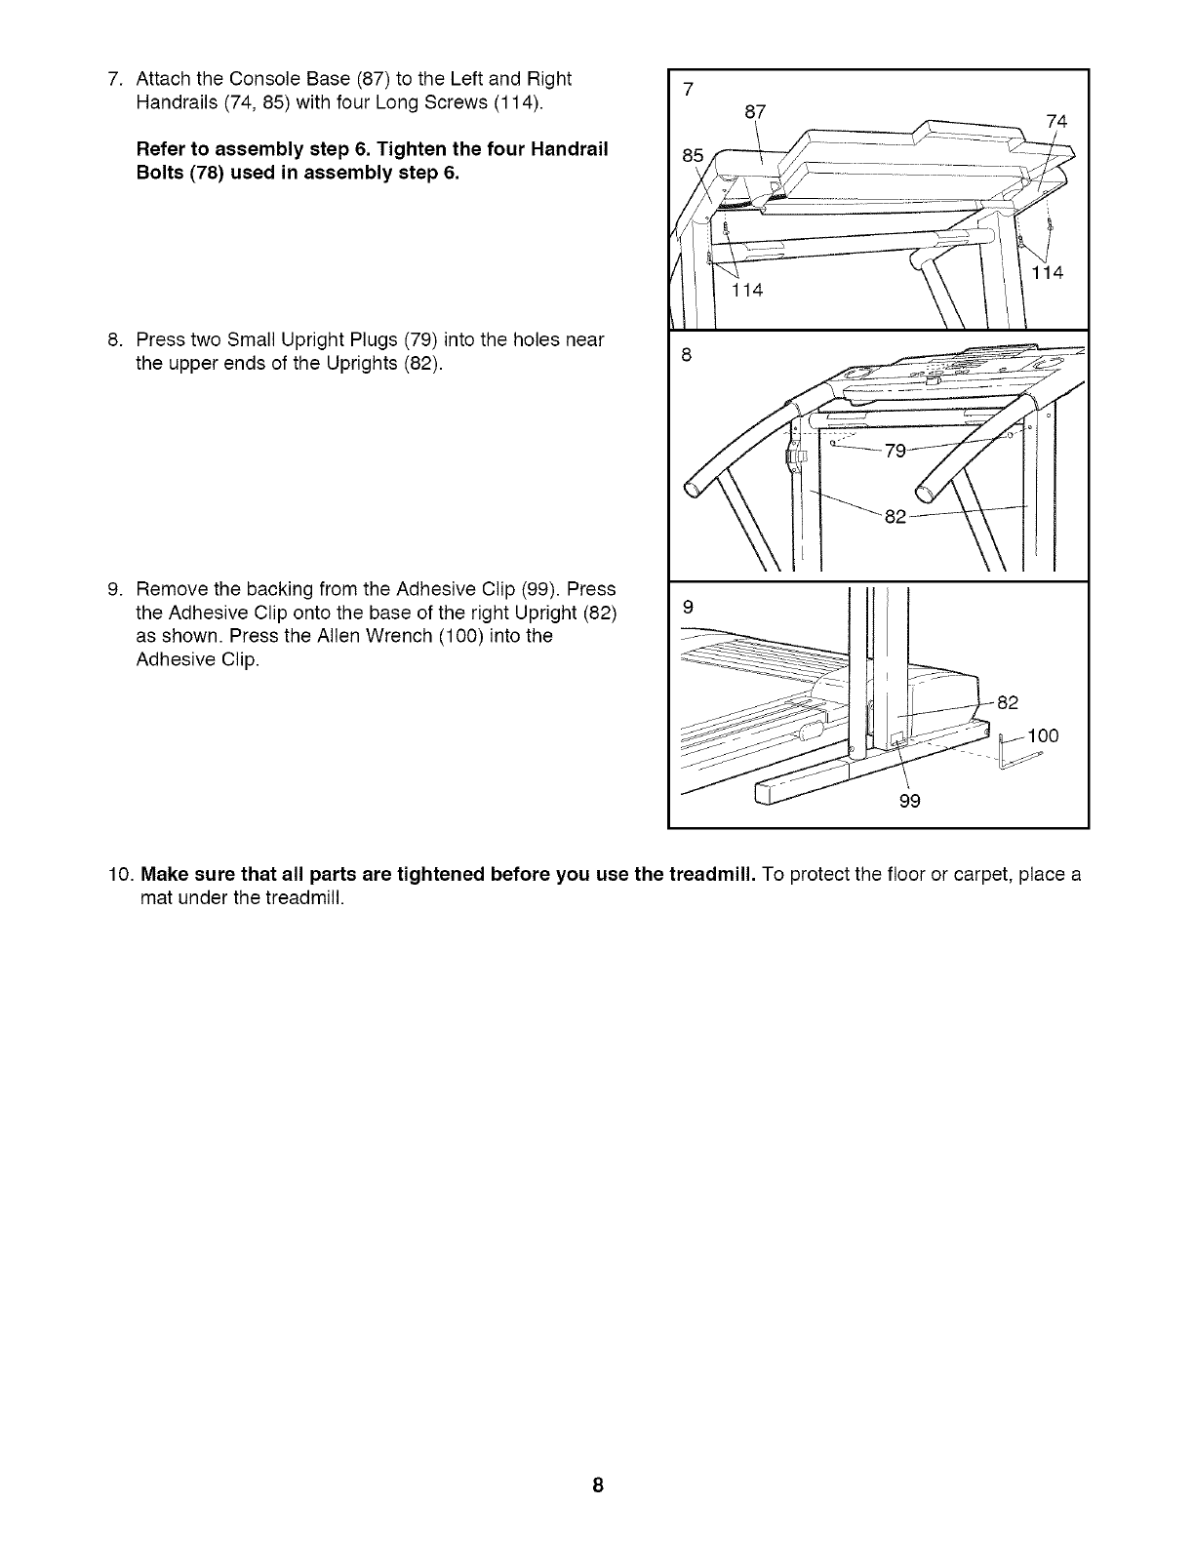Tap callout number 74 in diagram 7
[x=1055, y=122]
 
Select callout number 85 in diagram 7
[x=692, y=154]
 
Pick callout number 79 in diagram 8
[x=895, y=451]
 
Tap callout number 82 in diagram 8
[x=895, y=517]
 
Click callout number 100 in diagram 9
[x=1041, y=735]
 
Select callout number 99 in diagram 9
[x=909, y=802]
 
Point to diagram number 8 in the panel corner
[x=686, y=356]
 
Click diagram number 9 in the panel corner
[x=688, y=606]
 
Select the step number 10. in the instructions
[x=120, y=874]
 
